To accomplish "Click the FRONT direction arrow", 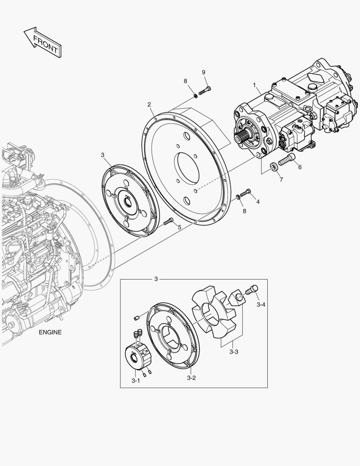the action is (42, 42).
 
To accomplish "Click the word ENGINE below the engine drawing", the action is (50, 332).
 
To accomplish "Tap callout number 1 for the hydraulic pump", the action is (254, 85).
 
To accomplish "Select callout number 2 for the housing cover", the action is (149, 104).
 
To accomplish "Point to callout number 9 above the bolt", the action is (203, 72).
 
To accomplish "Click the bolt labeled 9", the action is (204, 90).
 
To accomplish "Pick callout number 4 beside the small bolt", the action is (258, 202).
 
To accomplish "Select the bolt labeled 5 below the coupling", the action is (169, 221).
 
